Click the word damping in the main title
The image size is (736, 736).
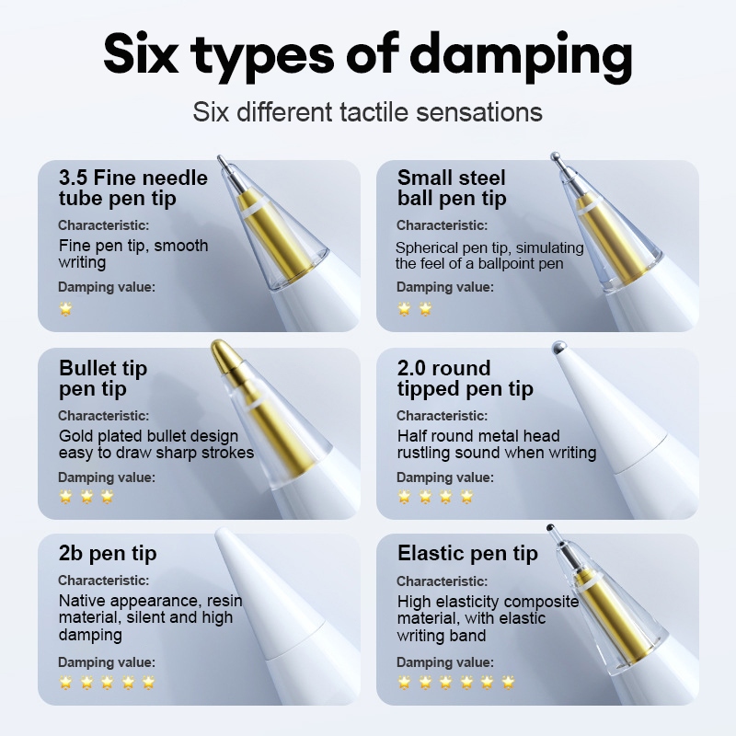[521, 58]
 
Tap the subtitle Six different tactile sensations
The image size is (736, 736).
[367, 112]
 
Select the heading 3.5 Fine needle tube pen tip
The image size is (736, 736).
[132, 189]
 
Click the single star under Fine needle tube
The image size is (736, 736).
[65, 309]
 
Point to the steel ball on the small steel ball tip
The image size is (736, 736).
[556, 156]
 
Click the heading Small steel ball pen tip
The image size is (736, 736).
[452, 189]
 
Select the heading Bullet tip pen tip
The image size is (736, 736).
[103, 378]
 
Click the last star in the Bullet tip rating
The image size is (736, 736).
[108, 496]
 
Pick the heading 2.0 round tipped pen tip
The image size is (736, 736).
[466, 378]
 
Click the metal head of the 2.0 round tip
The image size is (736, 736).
[559, 348]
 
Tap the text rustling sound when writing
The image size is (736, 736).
[497, 453]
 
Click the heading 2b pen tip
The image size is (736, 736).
[108, 554]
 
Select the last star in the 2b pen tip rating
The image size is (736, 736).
[149, 682]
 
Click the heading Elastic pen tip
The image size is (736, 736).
[467, 554]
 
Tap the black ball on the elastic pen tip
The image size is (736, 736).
[550, 527]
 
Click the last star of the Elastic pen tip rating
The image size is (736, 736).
[508, 682]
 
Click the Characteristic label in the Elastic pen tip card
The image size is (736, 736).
[443, 581]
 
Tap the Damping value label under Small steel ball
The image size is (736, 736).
[445, 287]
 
